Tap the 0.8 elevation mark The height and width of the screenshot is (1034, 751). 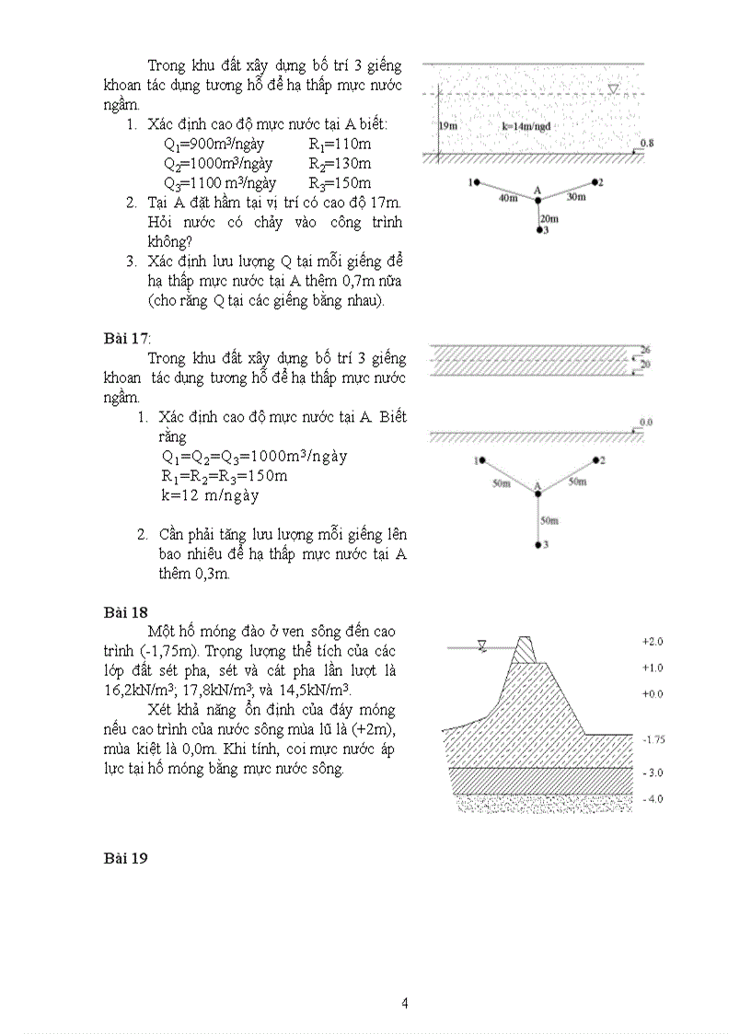pyautogui.click(x=646, y=144)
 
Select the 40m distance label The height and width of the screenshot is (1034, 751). pyautogui.click(x=507, y=198)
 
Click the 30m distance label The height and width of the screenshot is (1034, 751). pyautogui.click(x=576, y=197)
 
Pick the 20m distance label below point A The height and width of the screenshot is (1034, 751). pyautogui.click(x=549, y=218)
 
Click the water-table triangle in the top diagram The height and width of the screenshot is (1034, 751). pyautogui.click(x=614, y=89)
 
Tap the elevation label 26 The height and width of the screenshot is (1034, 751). pyautogui.click(x=645, y=351)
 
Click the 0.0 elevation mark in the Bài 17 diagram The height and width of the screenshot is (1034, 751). pyautogui.click(x=645, y=422)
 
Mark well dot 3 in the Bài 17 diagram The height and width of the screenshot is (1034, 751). pyautogui.click(x=538, y=545)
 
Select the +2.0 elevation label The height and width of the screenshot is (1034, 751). pyautogui.click(x=653, y=641)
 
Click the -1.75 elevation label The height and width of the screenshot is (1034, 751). pyautogui.click(x=653, y=739)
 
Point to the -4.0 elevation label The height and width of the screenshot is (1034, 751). pyautogui.click(x=653, y=799)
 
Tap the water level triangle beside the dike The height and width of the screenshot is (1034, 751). pyautogui.click(x=481, y=645)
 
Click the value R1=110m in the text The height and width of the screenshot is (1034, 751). pyautogui.click(x=340, y=144)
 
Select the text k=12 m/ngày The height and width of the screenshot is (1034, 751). pyautogui.click(x=210, y=495)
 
